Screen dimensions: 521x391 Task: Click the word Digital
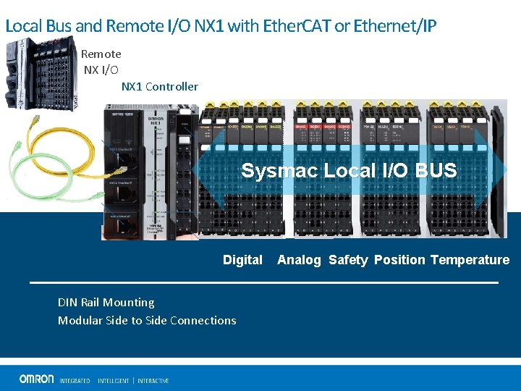[x=242, y=260]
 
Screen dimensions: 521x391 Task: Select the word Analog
[x=299, y=260]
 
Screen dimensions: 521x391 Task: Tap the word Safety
[x=348, y=260]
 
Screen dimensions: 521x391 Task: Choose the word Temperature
[x=470, y=260]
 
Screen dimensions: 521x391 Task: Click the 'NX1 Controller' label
[x=159, y=87]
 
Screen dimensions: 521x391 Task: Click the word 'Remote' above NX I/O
[x=101, y=54]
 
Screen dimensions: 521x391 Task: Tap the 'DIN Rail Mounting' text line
[x=106, y=303]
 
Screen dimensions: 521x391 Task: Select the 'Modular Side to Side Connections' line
[x=147, y=321]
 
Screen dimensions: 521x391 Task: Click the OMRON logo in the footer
[x=36, y=379]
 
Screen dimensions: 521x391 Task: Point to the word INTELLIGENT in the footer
[x=113, y=381]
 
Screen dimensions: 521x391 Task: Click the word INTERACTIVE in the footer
[x=153, y=381]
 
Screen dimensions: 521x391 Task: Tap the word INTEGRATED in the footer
[x=75, y=381]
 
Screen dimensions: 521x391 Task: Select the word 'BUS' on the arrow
[x=436, y=171]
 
